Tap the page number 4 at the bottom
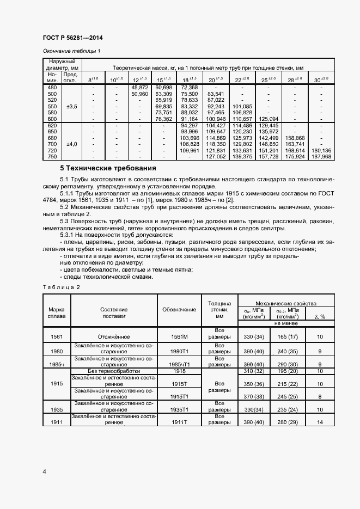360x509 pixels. point(45,471)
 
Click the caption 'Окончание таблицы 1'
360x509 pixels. point(72,51)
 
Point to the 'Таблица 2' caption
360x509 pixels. point(61,287)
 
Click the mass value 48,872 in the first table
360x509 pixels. point(139,87)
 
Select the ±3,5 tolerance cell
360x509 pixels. point(71,107)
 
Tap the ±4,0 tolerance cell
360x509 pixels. point(71,144)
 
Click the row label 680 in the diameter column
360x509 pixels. point(52,138)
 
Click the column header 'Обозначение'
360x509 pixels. point(179,310)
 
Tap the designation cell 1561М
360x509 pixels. point(179,336)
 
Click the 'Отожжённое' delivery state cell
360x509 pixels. point(113,336)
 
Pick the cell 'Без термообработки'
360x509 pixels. point(113,371)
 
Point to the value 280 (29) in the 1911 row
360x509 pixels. point(288,422)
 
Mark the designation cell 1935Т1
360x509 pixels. point(179,409)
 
